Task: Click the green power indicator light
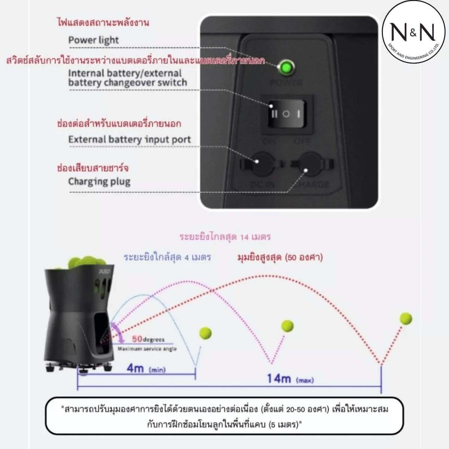pyautogui.click(x=287, y=68)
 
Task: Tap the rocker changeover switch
pyautogui.click(x=286, y=114)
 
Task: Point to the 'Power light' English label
pyautogui.click(x=93, y=40)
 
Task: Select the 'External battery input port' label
pyautogui.click(x=129, y=140)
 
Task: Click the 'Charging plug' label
pyautogui.click(x=99, y=182)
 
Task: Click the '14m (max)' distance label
pyautogui.click(x=290, y=379)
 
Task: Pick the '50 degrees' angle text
pyautogui.click(x=148, y=339)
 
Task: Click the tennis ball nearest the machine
pyautogui.click(x=205, y=333)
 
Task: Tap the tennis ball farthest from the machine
pyautogui.click(x=406, y=318)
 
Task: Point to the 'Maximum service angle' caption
pyautogui.click(x=147, y=349)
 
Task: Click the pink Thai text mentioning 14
pyautogui.click(x=225, y=237)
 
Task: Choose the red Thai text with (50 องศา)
pyautogui.click(x=280, y=257)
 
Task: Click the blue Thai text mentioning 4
pyautogui.click(x=167, y=257)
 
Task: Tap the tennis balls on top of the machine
pyautogui.click(x=83, y=263)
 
